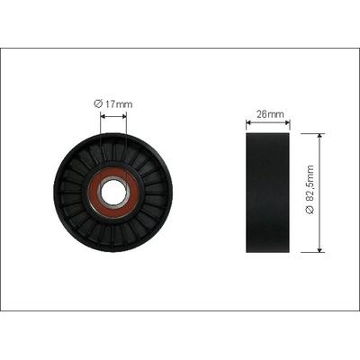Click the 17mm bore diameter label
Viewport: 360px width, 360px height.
click(x=112, y=104)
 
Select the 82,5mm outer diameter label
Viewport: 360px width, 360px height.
click(x=310, y=190)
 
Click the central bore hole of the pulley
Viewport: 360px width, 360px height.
click(x=113, y=193)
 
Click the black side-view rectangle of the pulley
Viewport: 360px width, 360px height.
click(x=267, y=193)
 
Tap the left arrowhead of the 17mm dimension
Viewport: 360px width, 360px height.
click(x=103, y=116)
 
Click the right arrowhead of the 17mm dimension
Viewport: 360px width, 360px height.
click(x=124, y=116)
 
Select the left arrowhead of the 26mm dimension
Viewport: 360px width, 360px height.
click(x=248, y=122)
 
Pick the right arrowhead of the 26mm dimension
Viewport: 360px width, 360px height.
click(x=287, y=122)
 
